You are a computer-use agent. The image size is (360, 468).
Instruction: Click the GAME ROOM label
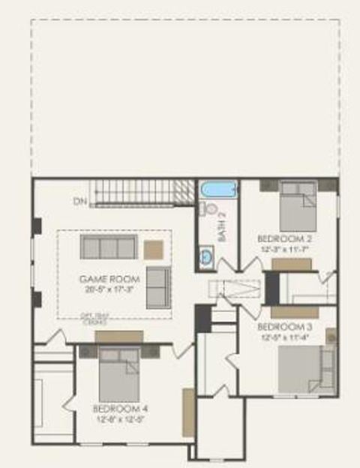[109, 278]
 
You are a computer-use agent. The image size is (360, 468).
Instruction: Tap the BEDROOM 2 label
[285, 238]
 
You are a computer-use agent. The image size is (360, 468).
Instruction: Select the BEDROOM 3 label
[285, 327]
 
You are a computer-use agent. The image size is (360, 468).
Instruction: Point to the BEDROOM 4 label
[120, 409]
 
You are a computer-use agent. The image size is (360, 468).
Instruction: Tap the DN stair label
[80, 201]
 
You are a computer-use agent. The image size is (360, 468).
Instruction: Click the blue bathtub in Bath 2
[218, 189]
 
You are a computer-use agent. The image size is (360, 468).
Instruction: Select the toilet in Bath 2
[211, 208]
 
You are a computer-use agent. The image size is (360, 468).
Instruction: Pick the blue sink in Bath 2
[205, 258]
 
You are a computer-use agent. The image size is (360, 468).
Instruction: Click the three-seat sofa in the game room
[109, 247]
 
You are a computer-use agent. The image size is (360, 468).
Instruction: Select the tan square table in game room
[154, 249]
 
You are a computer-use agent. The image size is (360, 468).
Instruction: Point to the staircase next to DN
[139, 192]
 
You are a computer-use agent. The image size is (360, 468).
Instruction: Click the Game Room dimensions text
[109, 288]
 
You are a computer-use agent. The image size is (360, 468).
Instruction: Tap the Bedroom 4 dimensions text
[120, 418]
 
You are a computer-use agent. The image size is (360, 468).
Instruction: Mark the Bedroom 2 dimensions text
[285, 247]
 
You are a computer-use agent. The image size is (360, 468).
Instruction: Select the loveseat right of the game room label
[157, 286]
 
